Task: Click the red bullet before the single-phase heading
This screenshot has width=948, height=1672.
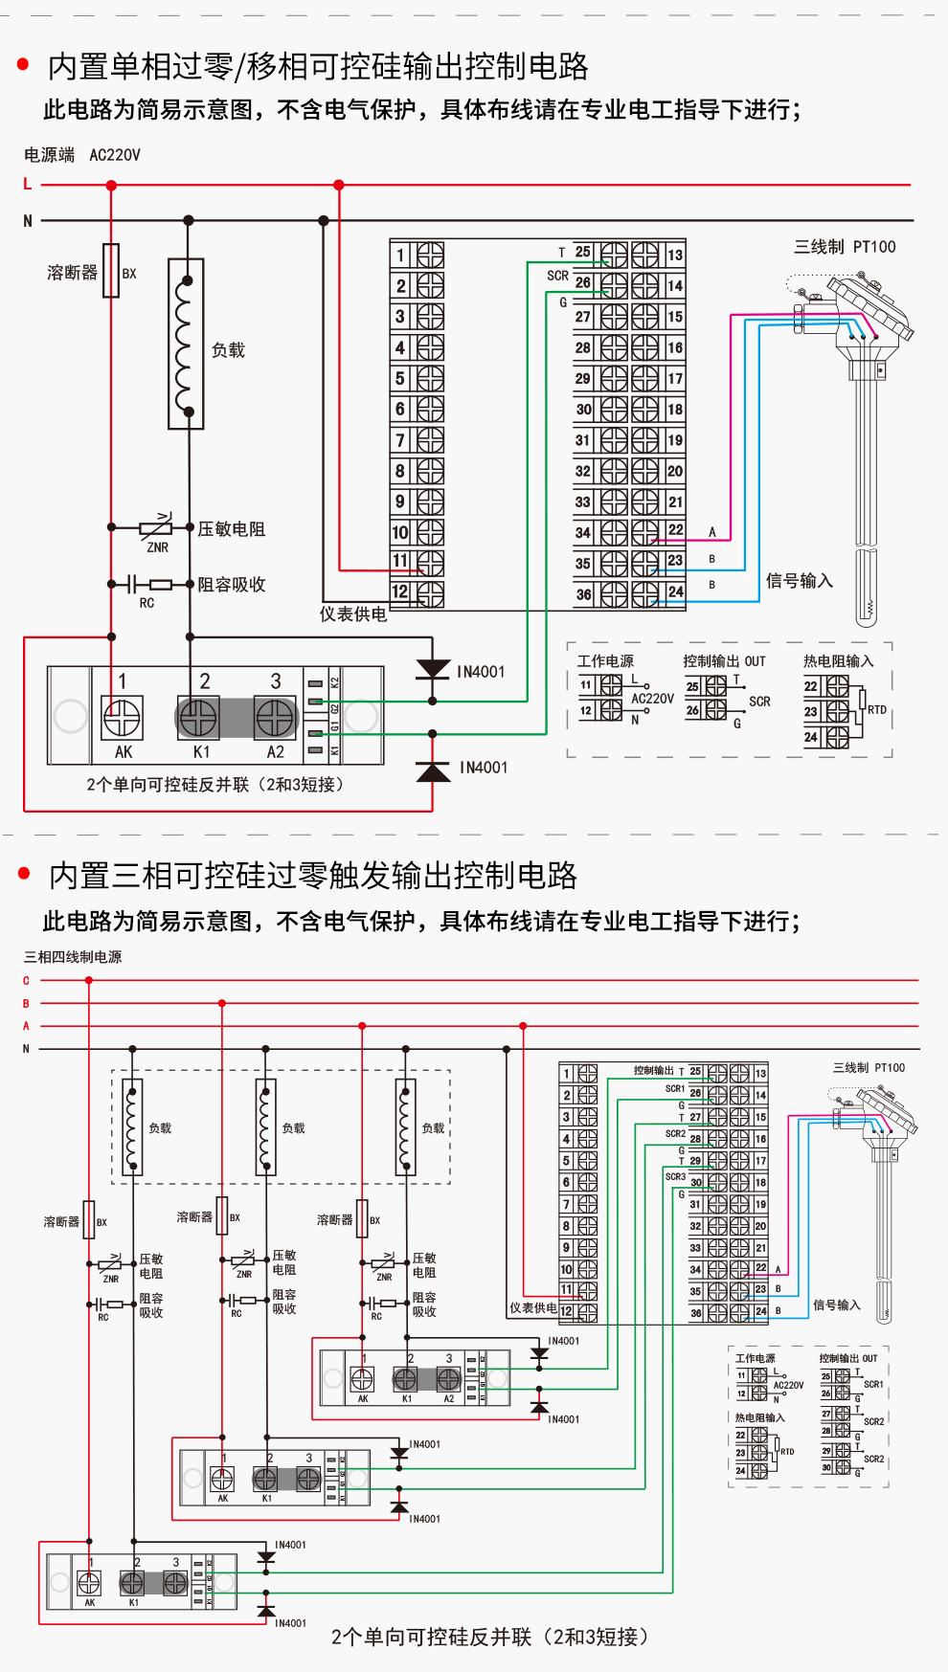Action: [24, 65]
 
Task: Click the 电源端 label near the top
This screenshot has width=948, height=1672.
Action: [50, 155]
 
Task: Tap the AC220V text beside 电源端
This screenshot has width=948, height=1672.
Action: [115, 155]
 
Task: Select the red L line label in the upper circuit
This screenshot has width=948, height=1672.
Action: [28, 184]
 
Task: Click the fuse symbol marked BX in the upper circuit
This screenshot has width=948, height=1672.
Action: [111, 271]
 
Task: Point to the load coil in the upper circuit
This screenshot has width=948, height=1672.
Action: [187, 345]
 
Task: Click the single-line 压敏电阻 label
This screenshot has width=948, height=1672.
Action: [231, 529]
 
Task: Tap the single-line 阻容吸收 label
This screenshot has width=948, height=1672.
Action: [231, 585]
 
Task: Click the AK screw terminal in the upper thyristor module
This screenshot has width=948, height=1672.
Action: [123, 718]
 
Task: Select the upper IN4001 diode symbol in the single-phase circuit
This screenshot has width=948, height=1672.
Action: [433, 670]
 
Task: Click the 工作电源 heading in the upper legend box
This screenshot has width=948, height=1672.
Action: [605, 661]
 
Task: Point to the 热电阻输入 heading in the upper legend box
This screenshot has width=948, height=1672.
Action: [838, 661]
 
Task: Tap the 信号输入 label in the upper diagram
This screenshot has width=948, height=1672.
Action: [799, 581]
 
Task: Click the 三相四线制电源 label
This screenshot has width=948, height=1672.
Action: [73, 957]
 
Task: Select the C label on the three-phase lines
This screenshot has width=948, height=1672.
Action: [26, 980]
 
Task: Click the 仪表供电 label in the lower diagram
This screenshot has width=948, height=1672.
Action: [532, 1307]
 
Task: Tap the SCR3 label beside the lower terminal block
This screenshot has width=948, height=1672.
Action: [675, 1176]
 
